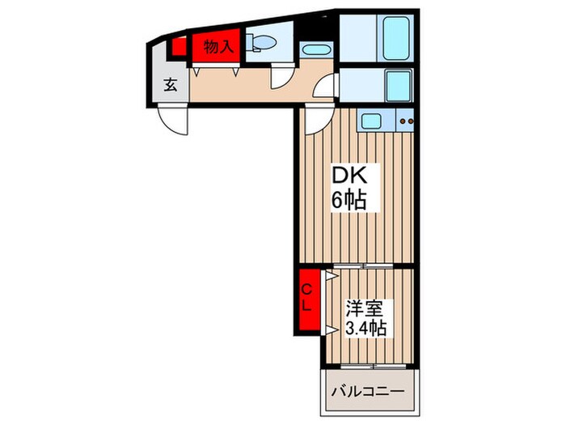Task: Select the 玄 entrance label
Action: click(x=171, y=85)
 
